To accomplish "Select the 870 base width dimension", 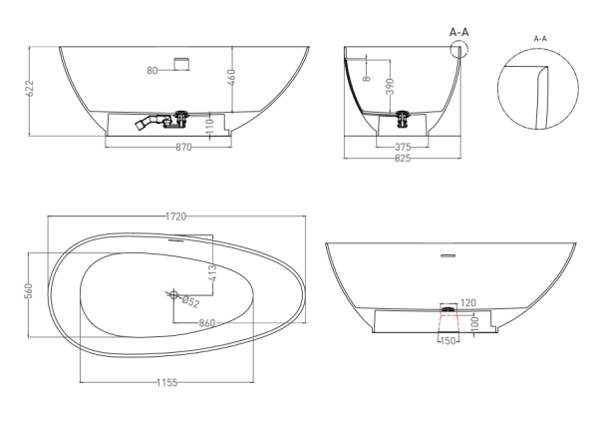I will point(183,148).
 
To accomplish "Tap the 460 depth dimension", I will point(231,76).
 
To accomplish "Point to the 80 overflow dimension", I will point(152,71).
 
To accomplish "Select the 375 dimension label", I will point(403,146).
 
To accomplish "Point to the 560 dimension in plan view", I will point(30,289).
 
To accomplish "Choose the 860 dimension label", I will point(208,323).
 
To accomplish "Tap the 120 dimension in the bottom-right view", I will point(468,301).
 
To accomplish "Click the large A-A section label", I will point(459,32).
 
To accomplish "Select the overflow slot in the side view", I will point(180,63).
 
